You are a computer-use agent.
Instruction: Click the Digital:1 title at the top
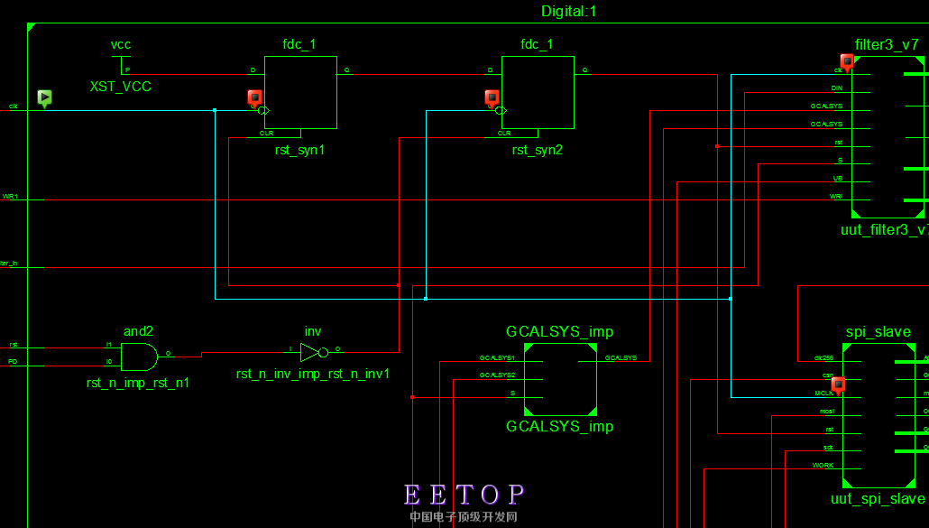point(568,12)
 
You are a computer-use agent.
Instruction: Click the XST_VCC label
point(120,87)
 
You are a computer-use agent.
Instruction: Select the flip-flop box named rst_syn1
point(300,92)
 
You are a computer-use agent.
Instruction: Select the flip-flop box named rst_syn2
point(538,92)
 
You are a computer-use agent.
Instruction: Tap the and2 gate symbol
point(139,357)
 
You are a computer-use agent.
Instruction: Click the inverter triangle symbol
point(310,352)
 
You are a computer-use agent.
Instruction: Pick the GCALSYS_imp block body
point(559,378)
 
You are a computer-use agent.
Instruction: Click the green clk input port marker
point(44,97)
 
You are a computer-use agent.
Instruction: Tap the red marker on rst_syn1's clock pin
point(254,97)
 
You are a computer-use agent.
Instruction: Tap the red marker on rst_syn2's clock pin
point(492,97)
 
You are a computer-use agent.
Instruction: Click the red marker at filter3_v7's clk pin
point(847,60)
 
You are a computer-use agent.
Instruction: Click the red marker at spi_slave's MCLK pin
point(838,384)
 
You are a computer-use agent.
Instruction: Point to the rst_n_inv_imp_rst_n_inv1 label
point(313,374)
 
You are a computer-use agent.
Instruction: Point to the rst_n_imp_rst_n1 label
point(138,383)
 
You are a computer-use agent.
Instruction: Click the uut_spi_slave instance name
point(878,499)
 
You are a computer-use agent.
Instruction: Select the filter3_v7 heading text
point(887,45)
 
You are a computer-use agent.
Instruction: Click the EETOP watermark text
point(464,495)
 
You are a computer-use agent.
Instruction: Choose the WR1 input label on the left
point(11,196)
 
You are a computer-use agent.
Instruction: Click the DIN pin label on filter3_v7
point(837,88)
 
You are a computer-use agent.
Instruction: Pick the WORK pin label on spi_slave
point(823,465)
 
